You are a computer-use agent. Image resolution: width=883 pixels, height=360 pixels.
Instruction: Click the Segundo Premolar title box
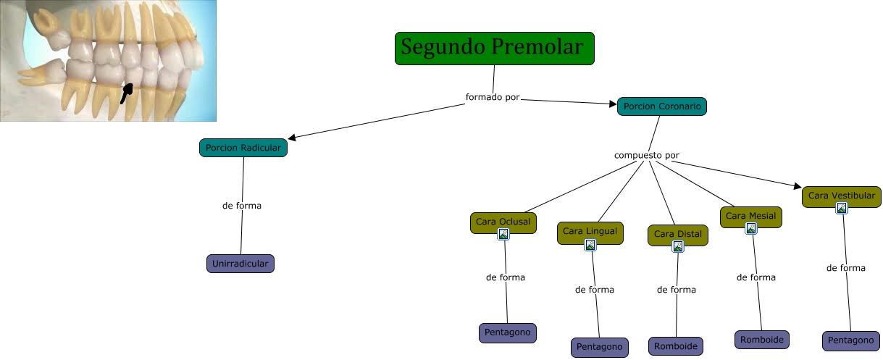(494, 49)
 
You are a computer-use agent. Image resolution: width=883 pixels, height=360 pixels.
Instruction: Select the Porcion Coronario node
(661, 106)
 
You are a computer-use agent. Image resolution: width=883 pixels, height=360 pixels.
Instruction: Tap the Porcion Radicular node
(243, 148)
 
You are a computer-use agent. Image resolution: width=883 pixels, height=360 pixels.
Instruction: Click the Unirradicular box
(240, 264)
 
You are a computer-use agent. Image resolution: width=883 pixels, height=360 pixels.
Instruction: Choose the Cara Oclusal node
(503, 221)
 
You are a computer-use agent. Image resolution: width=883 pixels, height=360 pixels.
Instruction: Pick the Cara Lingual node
(590, 231)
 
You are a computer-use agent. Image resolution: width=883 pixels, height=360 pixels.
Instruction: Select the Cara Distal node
(677, 234)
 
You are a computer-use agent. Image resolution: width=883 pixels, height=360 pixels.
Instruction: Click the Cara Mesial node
(750, 215)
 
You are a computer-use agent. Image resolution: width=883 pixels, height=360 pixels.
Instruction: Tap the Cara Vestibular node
(841, 195)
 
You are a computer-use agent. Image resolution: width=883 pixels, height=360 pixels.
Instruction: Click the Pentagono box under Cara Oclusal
(507, 333)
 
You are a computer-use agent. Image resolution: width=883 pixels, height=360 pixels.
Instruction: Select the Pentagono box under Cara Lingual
(599, 347)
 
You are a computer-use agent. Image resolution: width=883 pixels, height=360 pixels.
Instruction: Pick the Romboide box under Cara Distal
(675, 346)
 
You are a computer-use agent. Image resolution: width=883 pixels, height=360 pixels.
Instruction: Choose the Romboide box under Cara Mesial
(761, 339)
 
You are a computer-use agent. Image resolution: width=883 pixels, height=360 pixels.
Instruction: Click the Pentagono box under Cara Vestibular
(850, 340)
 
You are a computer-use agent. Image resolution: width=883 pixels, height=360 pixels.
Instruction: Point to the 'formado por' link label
(493, 96)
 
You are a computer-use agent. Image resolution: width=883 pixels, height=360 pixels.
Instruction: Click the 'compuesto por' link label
(646, 155)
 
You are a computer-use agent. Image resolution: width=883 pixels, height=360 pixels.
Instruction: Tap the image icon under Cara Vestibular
(842, 209)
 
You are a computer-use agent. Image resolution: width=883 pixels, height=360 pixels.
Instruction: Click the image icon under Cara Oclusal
(503, 234)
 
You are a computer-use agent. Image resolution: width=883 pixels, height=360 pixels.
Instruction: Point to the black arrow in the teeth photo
(127, 91)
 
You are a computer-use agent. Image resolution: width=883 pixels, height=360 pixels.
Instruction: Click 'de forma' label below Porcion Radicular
(242, 206)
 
